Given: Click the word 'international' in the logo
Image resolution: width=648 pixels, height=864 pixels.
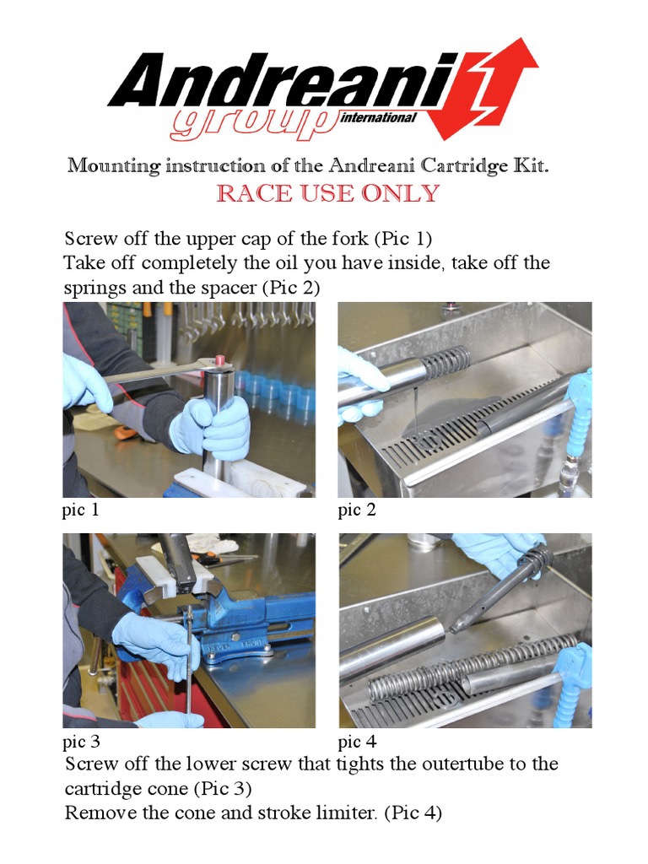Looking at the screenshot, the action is pyautogui.click(x=379, y=117).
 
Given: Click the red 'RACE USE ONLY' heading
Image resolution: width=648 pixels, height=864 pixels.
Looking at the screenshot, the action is pyautogui.click(x=328, y=193).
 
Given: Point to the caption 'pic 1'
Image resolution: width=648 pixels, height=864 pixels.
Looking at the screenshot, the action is pyautogui.click(x=81, y=510).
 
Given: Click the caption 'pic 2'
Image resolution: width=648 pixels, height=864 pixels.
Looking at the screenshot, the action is pyautogui.click(x=357, y=510).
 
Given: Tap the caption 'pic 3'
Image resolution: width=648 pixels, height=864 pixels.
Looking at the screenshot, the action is pyautogui.click(x=82, y=742).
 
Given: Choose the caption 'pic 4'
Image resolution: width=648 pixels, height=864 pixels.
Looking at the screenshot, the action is pyautogui.click(x=358, y=742).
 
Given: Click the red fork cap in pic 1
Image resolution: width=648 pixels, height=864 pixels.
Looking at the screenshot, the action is pyautogui.click(x=220, y=361).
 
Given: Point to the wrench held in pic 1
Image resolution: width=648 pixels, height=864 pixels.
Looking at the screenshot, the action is pyautogui.click(x=159, y=371).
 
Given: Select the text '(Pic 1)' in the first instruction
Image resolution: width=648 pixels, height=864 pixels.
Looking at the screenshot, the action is pyautogui.click(x=402, y=239).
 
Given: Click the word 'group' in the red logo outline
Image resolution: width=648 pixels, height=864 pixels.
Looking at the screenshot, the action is pyautogui.click(x=253, y=125).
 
